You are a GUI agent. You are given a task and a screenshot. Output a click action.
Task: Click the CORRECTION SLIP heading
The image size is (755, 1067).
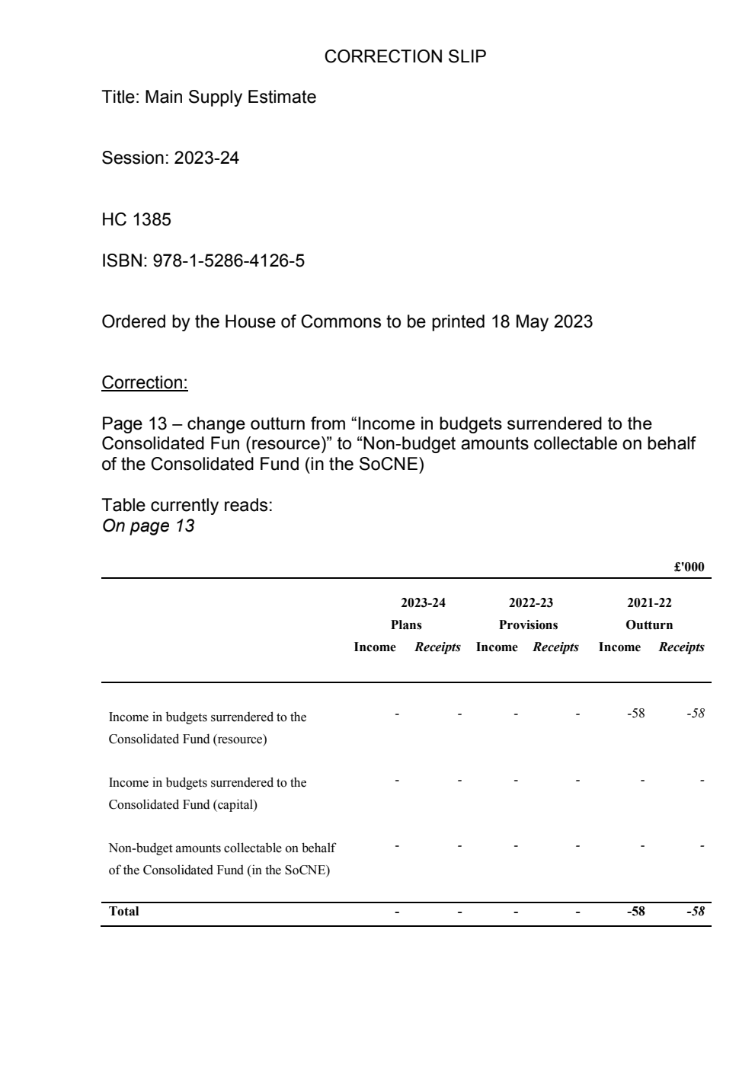[405, 56]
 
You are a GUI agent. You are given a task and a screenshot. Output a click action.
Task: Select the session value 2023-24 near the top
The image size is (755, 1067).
[206, 158]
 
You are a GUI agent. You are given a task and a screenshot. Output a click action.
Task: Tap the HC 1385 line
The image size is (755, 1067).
[136, 220]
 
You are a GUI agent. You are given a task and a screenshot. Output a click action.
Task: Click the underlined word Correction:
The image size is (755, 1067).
[145, 382]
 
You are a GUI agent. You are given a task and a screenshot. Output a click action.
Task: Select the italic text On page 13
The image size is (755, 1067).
[148, 526]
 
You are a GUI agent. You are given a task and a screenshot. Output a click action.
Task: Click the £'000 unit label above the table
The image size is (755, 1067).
[689, 567]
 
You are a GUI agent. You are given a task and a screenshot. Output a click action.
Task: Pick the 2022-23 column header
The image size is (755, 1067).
[530, 603]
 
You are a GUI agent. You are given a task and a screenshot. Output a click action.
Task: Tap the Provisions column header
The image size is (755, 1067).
[528, 625]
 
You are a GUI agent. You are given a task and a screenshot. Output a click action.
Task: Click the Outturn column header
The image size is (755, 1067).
[649, 625]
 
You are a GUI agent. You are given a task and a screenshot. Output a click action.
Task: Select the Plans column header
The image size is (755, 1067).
[406, 625]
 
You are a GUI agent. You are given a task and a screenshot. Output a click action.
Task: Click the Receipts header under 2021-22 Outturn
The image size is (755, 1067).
[681, 647]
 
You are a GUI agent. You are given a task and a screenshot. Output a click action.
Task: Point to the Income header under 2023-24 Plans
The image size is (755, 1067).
[375, 647]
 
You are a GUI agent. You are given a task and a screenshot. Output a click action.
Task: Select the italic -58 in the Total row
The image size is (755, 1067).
[695, 911]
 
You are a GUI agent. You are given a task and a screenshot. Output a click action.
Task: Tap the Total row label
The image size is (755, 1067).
[124, 911]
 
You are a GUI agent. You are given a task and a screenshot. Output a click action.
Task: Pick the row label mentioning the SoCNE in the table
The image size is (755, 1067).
[221, 859]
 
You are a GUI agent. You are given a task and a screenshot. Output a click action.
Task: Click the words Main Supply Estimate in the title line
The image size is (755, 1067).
[230, 97]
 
